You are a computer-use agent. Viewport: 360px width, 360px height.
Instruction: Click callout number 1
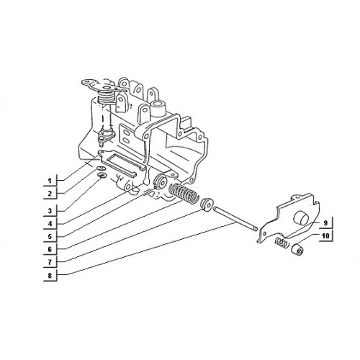click(x=50, y=181)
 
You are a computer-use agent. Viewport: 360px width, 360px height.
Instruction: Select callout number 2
click(x=50, y=194)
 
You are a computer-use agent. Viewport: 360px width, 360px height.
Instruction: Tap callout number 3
click(x=50, y=211)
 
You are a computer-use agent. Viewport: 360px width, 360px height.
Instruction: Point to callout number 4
click(x=50, y=224)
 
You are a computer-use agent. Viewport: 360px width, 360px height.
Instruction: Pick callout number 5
click(x=50, y=237)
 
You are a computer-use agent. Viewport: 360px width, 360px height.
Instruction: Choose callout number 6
click(x=50, y=250)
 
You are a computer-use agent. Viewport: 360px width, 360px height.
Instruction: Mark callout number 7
click(x=50, y=262)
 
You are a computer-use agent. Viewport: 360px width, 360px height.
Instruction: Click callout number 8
click(x=50, y=275)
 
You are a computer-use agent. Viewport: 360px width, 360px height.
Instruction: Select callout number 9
click(x=325, y=223)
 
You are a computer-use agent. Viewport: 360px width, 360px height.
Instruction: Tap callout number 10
click(x=325, y=236)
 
